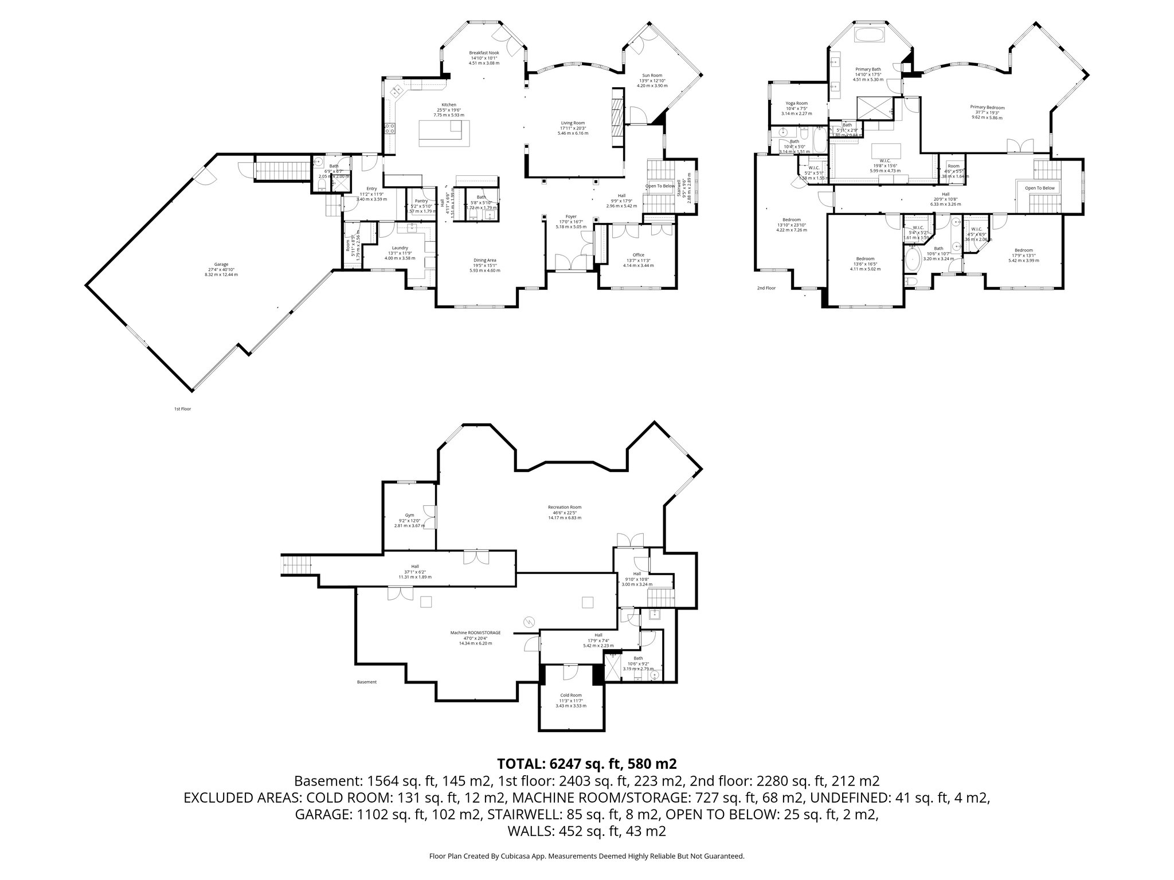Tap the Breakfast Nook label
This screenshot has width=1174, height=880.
pyautogui.click(x=484, y=53)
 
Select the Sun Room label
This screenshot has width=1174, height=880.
pyautogui.click(x=652, y=76)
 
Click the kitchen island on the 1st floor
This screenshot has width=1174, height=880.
pyautogui.click(x=440, y=133)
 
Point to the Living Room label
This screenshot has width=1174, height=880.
pyautogui.click(x=573, y=123)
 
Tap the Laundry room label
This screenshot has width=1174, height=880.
pyautogui.click(x=400, y=248)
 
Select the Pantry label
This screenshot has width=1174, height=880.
pyautogui.click(x=421, y=201)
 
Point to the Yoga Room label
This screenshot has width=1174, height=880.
pyautogui.click(x=796, y=103)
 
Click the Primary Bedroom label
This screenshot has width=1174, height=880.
pyautogui.click(x=987, y=107)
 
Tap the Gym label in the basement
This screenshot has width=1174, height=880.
pyautogui.click(x=409, y=515)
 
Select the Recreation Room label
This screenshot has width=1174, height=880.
pyautogui.click(x=564, y=507)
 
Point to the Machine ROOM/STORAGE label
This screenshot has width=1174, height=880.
pyautogui.click(x=475, y=632)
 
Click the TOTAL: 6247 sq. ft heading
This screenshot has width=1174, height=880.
pyautogui.click(x=586, y=763)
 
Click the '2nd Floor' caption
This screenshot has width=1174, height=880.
pyautogui.click(x=766, y=288)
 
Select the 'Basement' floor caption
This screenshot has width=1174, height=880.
pyautogui.click(x=367, y=682)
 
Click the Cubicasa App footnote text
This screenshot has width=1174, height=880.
pyautogui.click(x=586, y=856)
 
